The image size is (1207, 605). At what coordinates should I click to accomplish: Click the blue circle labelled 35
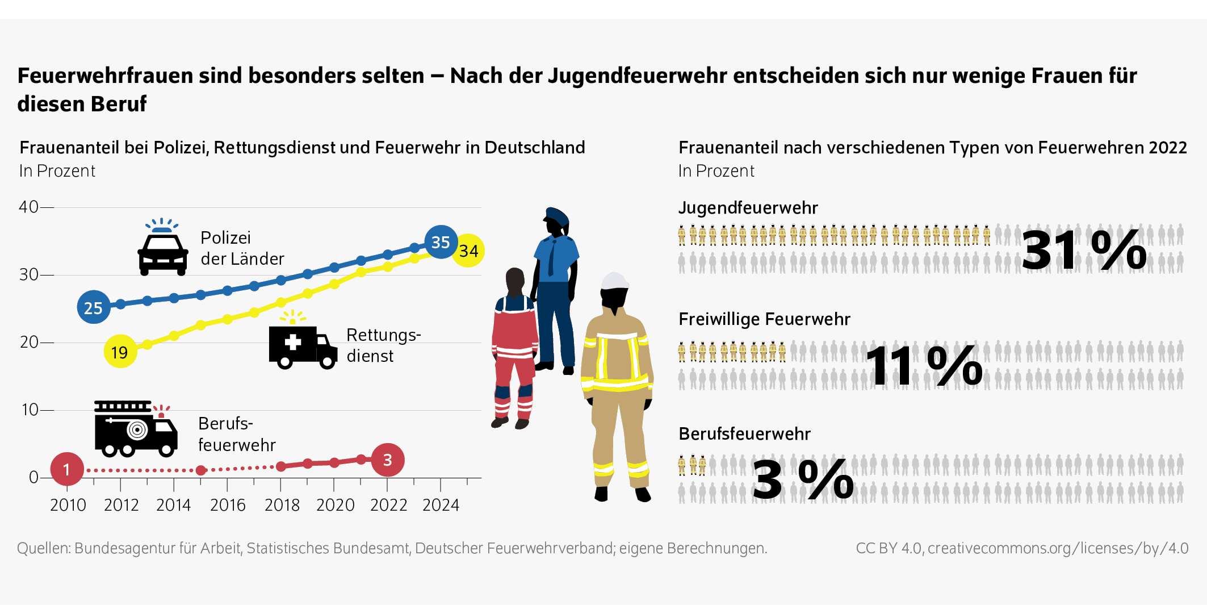[x=441, y=242]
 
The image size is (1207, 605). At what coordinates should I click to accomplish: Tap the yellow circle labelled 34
[x=468, y=251]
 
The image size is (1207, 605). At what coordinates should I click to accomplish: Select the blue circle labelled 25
[x=94, y=307]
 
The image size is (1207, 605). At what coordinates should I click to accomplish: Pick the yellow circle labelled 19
[x=120, y=352]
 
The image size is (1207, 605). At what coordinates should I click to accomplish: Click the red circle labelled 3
[x=388, y=460]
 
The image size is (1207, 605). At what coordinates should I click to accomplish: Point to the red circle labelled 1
[x=67, y=469]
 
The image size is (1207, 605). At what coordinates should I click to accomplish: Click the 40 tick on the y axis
[x=29, y=207]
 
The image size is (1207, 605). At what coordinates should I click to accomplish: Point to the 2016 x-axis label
[x=228, y=504]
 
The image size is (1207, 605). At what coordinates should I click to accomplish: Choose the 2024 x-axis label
[x=441, y=504]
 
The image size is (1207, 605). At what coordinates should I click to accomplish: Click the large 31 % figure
[x=1083, y=250]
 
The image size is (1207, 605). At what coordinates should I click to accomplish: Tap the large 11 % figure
[x=924, y=366]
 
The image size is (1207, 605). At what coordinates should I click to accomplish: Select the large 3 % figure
[x=803, y=481]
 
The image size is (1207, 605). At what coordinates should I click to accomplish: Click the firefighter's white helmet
[x=615, y=281]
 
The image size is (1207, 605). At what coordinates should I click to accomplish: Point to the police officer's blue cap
[x=556, y=216]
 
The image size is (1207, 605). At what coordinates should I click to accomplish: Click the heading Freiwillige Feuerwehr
[x=764, y=319]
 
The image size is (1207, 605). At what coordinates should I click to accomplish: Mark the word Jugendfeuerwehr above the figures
[x=748, y=208]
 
